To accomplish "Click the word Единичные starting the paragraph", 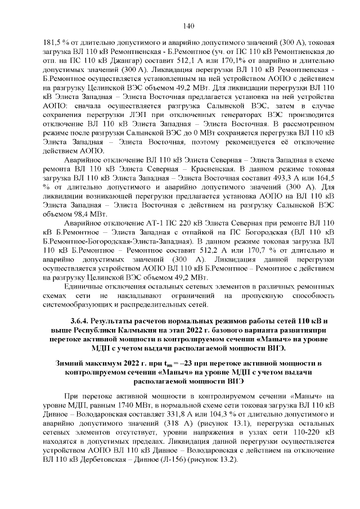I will pos(84,286).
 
